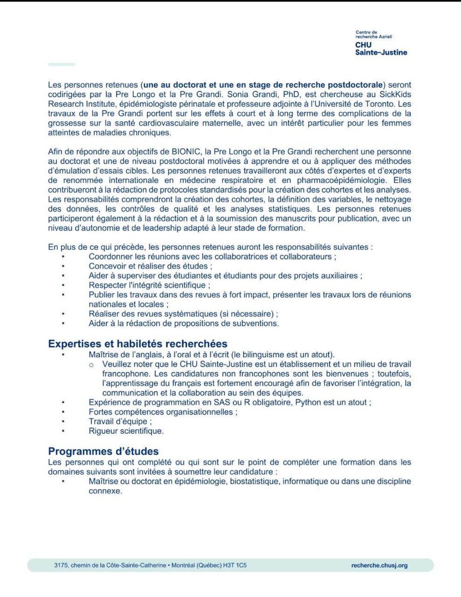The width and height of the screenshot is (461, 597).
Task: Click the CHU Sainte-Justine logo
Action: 381,43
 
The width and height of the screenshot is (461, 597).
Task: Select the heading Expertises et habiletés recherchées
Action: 138,344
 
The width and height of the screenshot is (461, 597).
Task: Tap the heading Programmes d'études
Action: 103,451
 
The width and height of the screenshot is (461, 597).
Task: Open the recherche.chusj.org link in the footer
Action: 379,565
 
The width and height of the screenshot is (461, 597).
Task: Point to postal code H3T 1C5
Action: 235,565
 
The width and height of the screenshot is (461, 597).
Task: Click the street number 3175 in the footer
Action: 61,565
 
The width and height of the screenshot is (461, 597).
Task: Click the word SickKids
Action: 395,94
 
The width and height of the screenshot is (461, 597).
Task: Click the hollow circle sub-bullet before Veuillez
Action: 91,364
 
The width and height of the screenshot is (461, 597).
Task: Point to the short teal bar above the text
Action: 62,64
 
